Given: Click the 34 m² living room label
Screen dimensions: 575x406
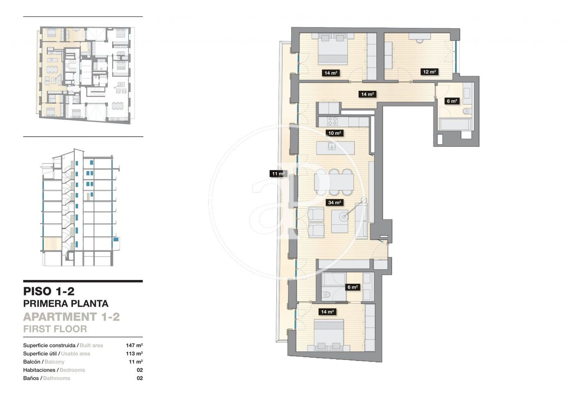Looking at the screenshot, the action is (334, 202).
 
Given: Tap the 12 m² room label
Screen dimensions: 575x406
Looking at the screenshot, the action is (429, 72).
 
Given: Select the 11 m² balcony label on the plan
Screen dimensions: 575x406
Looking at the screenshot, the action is (278, 174).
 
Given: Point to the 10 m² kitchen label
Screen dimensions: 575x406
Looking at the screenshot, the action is (334, 133).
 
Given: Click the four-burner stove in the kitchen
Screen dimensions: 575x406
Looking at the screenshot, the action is (333, 121).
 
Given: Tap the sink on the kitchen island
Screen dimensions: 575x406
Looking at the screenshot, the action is (332, 147).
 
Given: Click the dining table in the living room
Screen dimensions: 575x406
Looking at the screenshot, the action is (334, 182).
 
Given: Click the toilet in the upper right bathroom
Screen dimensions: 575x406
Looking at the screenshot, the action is (467, 111).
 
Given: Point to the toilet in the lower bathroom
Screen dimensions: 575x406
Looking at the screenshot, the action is (326, 295).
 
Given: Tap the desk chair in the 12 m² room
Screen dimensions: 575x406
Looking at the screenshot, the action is (420, 41).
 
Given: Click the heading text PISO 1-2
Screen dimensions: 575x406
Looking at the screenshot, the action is (49, 291).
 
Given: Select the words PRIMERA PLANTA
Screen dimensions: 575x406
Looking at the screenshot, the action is (66, 304).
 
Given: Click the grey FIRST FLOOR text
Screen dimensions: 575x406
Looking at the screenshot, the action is (55, 329).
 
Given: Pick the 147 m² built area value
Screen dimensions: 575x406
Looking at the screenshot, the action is (134, 345).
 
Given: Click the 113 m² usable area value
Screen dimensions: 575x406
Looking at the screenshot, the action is (134, 353).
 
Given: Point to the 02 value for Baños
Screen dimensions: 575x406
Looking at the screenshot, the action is (140, 378).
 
